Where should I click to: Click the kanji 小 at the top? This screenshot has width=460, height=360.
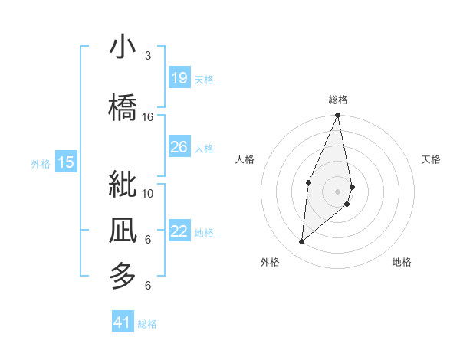(x=123, y=47)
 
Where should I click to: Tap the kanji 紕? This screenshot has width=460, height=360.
(x=123, y=185)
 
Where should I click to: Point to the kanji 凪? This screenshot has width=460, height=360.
(x=123, y=231)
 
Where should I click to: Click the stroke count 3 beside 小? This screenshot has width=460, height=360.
(x=148, y=56)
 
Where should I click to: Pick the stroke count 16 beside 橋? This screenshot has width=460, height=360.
(x=148, y=117)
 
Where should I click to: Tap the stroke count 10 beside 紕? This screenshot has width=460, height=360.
(x=148, y=193)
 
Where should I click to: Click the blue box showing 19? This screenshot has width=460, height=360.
(x=179, y=78)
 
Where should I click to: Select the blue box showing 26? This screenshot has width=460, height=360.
(x=179, y=147)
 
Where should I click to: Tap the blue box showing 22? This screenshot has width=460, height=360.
(x=179, y=231)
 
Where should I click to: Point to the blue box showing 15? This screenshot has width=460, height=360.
(x=66, y=162)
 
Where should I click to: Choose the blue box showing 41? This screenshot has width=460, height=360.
(x=123, y=322)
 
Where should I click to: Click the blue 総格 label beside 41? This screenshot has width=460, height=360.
(x=147, y=324)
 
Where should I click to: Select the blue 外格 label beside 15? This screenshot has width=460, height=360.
(x=41, y=163)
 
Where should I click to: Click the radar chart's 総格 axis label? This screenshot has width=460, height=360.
(x=337, y=100)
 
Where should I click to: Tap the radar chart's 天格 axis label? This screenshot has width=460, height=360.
(x=432, y=159)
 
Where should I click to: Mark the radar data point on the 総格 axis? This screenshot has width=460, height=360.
(x=337, y=116)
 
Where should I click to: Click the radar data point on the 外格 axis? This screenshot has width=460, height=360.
(x=301, y=241)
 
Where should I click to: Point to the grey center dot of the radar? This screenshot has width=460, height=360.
(x=337, y=191)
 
